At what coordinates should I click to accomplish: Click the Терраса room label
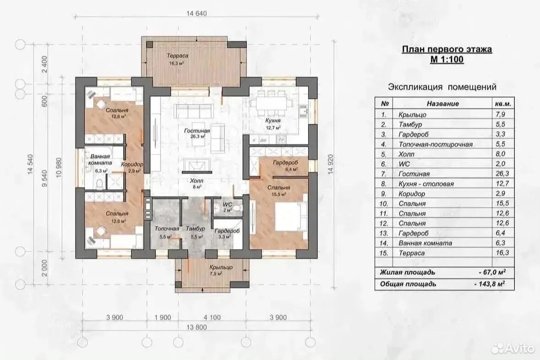177,56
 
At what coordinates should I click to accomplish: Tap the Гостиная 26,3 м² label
197,133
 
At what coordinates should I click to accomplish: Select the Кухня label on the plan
273,120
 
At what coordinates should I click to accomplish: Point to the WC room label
227,205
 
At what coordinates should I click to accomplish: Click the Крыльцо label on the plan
221,267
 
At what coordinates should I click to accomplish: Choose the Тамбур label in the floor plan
195,229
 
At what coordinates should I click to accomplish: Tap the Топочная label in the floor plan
167,229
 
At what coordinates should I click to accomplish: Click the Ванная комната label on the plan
100,159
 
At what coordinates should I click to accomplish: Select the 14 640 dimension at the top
196,14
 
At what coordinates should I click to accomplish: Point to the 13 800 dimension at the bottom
196,327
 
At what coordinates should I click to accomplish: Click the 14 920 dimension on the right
331,164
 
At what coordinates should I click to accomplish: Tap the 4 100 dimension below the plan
212,317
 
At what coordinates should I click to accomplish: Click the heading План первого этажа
447,49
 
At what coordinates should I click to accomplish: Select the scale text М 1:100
447,59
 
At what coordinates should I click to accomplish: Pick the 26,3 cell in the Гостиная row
502,174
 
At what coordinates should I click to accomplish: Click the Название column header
443,104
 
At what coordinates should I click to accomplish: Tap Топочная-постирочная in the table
436,144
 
